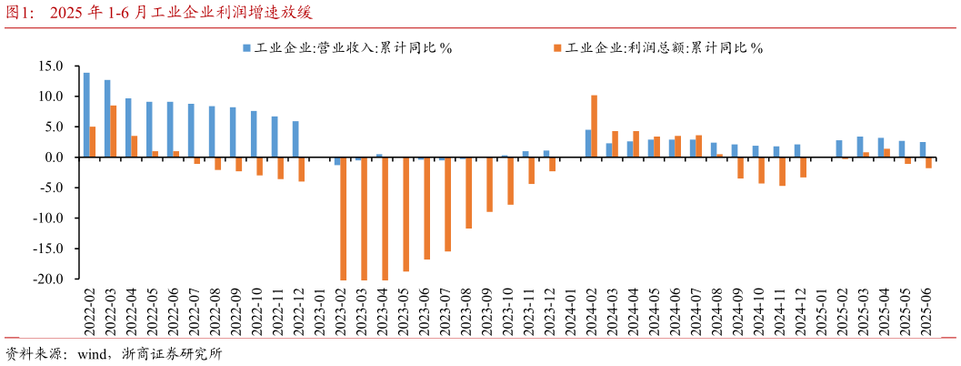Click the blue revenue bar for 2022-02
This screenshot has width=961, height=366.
pyautogui.click(x=86, y=115)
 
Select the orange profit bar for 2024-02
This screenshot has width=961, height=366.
pyautogui.click(x=594, y=127)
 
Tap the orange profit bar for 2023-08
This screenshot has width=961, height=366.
pyautogui.click(x=468, y=193)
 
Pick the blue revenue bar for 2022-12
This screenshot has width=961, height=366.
pyautogui.click(x=295, y=139)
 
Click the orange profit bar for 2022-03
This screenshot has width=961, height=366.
pyautogui.click(x=114, y=131)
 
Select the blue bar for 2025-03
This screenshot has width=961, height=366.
pyautogui.click(x=860, y=147)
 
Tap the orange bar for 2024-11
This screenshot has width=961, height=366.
pyautogui.click(x=782, y=171)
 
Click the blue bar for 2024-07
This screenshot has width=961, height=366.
pyautogui.click(x=693, y=148)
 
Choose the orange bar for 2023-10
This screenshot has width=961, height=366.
pyautogui.click(x=510, y=181)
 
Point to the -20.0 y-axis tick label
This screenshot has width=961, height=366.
pyautogui.click(x=48, y=280)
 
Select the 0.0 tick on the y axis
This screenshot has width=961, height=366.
pyautogui.click(x=54, y=158)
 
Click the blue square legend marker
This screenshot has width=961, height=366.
pyautogui.click(x=246, y=47)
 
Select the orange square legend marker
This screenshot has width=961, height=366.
pyautogui.click(x=557, y=47)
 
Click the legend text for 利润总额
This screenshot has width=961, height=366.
pyautogui.click(x=664, y=47)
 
